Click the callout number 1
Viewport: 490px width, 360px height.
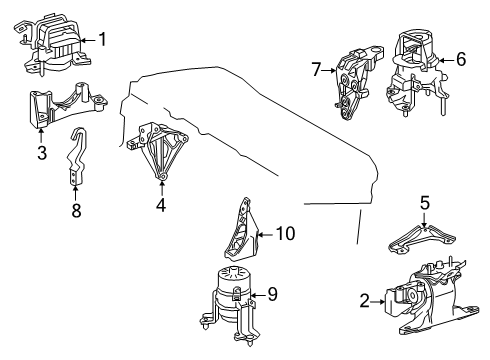tap(100, 40)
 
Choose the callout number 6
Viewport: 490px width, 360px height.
tap(460, 59)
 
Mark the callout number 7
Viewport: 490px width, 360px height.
tap(315, 69)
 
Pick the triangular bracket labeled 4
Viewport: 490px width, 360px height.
tap(155, 150)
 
